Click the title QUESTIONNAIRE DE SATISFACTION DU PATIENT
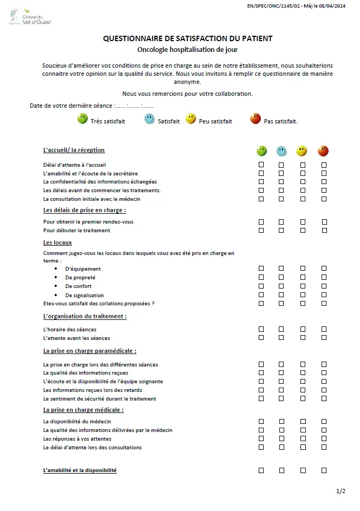click(x=187, y=38)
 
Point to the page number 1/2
click(x=341, y=491)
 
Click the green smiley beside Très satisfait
click(x=82, y=119)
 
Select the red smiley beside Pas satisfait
click(x=256, y=119)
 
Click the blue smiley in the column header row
click(x=281, y=151)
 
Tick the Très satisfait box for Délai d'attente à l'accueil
click(x=261, y=165)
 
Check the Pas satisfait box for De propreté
click(x=324, y=277)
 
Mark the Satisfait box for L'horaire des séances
click(x=281, y=329)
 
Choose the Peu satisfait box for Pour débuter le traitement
click(x=303, y=230)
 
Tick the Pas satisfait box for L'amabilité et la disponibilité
click(x=324, y=470)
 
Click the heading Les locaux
click(x=57, y=243)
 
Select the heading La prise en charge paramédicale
click(x=89, y=351)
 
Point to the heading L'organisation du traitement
click(x=84, y=316)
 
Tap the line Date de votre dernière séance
click(x=91, y=106)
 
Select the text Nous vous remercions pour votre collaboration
click(x=187, y=94)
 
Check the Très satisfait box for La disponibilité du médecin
click(x=261, y=421)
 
